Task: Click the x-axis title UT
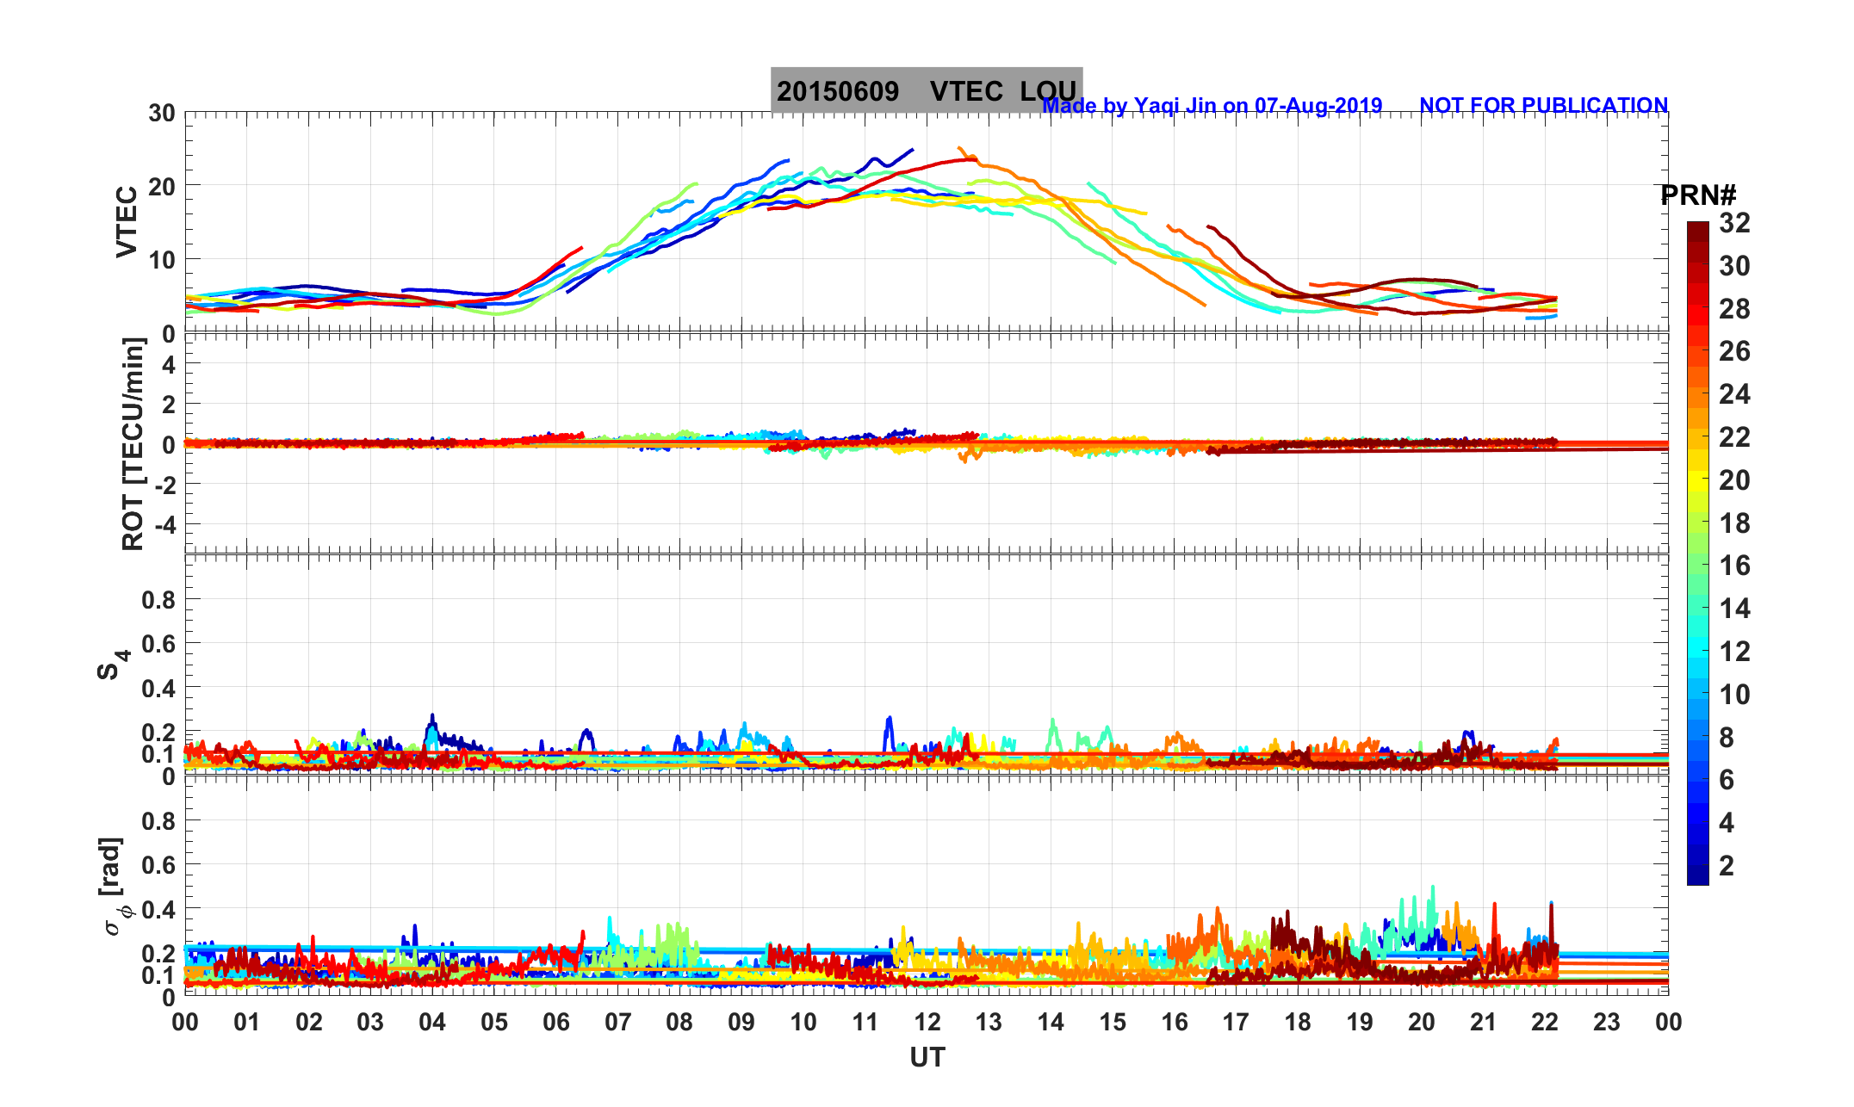tap(927, 1057)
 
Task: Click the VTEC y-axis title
tap(127, 221)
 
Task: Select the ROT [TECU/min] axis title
tap(133, 444)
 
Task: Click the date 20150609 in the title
tap(838, 91)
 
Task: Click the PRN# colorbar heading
tap(1698, 195)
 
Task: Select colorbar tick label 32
tap(1734, 224)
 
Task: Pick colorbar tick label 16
tap(1734, 566)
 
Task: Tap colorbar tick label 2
tap(1727, 865)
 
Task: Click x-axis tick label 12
tap(927, 1023)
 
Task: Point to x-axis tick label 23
tap(1607, 1023)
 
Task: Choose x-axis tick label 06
tap(556, 1023)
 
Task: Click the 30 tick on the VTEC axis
tap(161, 113)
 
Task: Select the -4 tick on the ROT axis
tap(163, 524)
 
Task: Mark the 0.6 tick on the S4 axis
tap(158, 644)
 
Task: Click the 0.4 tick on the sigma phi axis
tap(158, 909)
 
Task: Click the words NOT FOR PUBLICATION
tap(1543, 105)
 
